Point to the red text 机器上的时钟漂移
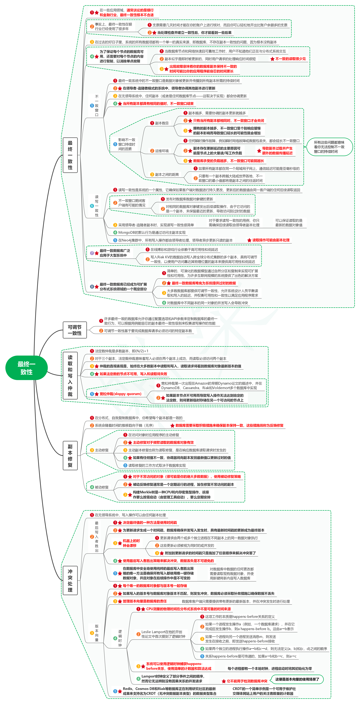[131, 543]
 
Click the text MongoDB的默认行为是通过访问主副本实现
[152, 233]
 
